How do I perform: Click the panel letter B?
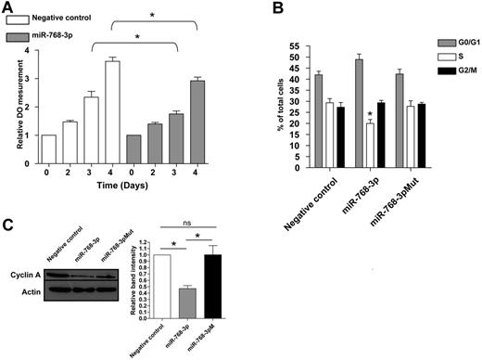tap(267, 8)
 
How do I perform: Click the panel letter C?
tap(7, 229)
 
